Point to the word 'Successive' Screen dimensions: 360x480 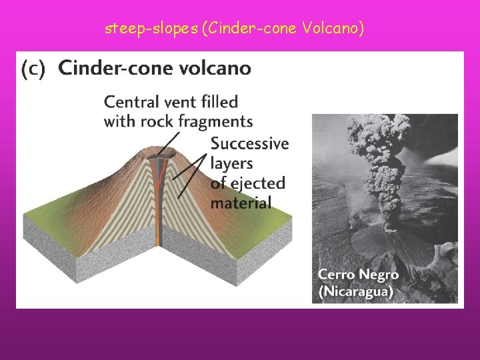(x=249, y=143)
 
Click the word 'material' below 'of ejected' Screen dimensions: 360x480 (x=241, y=203)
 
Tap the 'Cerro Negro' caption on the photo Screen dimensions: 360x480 (x=358, y=275)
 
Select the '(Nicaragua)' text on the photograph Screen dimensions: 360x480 (x=355, y=291)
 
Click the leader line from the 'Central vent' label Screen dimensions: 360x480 (x=171, y=141)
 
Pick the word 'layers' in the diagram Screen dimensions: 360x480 (x=232, y=163)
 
